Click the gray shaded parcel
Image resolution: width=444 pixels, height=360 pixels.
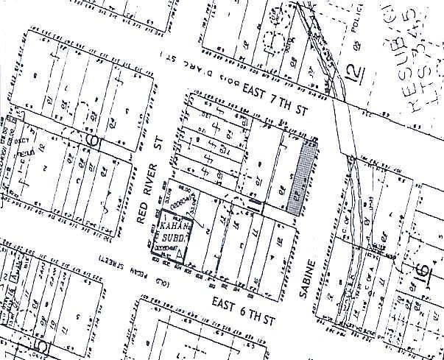point(302,177)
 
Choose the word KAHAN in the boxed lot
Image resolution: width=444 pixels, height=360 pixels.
point(170,227)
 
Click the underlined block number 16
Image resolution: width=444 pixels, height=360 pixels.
point(423,271)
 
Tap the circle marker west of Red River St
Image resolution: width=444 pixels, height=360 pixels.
point(93,138)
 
